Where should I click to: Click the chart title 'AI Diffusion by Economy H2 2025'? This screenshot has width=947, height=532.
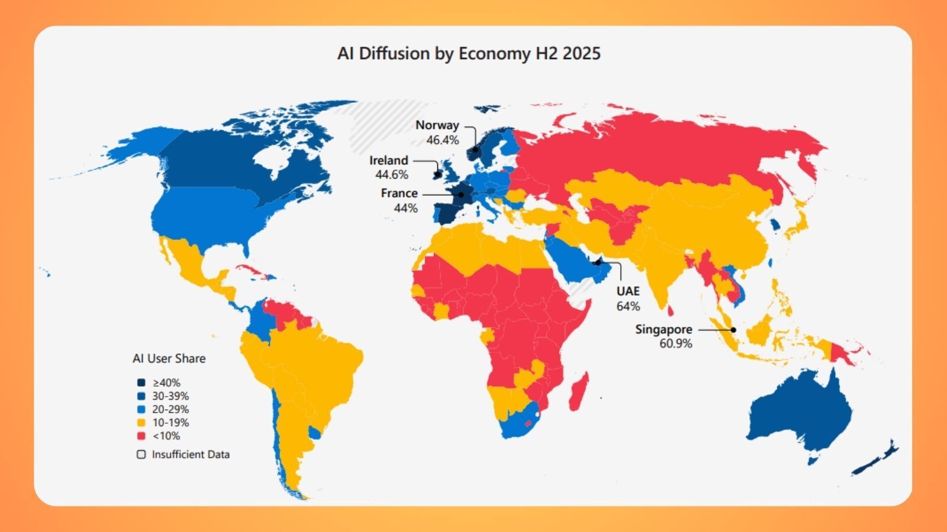click(469, 54)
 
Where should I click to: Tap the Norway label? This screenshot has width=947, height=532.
click(437, 125)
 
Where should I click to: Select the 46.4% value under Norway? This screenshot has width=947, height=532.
click(443, 140)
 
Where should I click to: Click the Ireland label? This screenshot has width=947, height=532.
click(388, 160)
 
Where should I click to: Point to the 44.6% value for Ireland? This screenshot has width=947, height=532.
click(391, 175)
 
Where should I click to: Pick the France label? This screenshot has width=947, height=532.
click(399, 193)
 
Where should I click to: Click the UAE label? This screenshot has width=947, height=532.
click(627, 291)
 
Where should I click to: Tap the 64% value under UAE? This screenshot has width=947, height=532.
click(627, 306)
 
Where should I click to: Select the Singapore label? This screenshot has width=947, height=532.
click(663, 329)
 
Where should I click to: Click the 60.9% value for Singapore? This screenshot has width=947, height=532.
click(675, 344)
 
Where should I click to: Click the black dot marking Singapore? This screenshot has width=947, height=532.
click(733, 330)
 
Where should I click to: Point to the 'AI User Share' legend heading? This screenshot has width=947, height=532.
click(169, 359)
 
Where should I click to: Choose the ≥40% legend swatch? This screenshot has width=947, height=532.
click(141, 383)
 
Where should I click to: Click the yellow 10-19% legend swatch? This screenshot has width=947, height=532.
click(141, 423)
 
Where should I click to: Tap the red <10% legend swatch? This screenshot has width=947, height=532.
click(141, 436)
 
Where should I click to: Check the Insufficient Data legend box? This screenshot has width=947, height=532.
click(141, 455)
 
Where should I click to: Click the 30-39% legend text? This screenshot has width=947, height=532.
click(170, 396)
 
